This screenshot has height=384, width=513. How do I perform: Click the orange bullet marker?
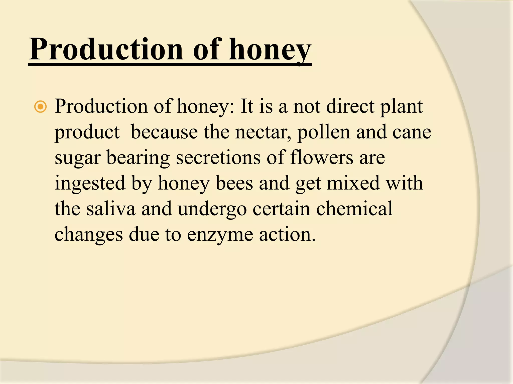40,107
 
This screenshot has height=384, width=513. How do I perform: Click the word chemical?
354,209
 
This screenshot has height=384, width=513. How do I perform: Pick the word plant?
402,106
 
